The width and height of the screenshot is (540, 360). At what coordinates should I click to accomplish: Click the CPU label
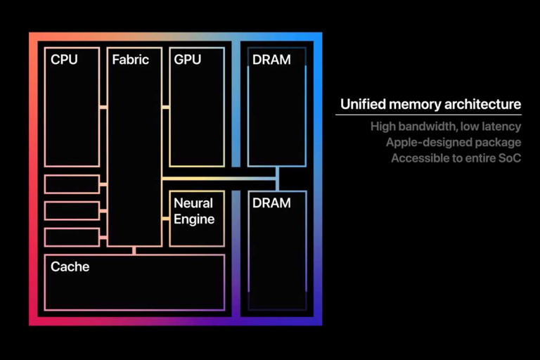[x=64, y=60]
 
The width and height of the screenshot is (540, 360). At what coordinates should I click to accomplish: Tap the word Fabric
[x=131, y=60]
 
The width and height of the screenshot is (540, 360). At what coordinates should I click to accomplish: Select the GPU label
[x=188, y=60]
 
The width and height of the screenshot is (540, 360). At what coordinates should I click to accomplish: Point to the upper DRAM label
[x=271, y=60]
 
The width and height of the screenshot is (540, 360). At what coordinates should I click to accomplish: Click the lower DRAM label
[x=271, y=202]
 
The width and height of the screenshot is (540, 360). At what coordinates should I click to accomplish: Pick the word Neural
[x=193, y=203]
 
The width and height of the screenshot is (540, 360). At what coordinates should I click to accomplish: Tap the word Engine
[x=194, y=219]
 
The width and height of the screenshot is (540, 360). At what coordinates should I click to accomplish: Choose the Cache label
[x=70, y=266]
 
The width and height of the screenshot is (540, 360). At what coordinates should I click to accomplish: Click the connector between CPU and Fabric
[x=103, y=107]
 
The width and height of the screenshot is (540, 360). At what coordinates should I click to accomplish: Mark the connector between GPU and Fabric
[x=165, y=107]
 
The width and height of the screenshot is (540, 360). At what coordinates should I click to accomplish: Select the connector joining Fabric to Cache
[x=134, y=250]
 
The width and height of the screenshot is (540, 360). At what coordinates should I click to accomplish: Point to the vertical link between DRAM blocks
[x=277, y=178]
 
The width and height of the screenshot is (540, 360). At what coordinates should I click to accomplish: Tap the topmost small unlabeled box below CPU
[x=72, y=184]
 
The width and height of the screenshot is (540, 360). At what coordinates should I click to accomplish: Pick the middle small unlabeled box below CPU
[x=72, y=210]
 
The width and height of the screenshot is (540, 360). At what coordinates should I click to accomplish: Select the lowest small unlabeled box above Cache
[x=72, y=237]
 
